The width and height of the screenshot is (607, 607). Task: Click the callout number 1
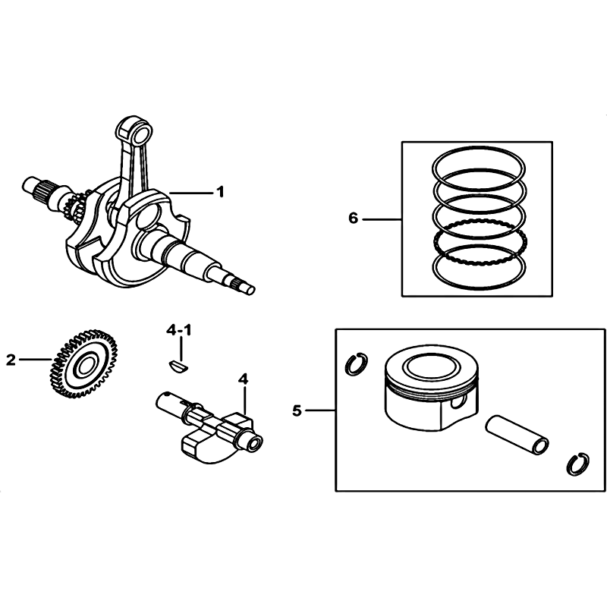tap(220, 192)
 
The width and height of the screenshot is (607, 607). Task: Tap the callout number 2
tap(11, 360)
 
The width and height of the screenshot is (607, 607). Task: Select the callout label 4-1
tap(179, 331)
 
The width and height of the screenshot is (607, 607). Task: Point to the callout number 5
tap(297, 410)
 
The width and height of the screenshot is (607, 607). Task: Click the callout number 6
tap(353, 219)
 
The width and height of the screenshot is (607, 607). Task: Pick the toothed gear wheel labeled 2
tap(83, 363)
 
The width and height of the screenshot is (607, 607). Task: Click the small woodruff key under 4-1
tap(179, 366)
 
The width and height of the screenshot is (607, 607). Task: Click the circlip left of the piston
tap(356, 364)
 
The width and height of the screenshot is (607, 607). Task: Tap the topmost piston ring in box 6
tap(479, 165)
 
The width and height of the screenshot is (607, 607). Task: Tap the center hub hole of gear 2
tap(84, 365)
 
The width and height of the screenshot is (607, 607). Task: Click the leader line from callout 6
tap(382, 219)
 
